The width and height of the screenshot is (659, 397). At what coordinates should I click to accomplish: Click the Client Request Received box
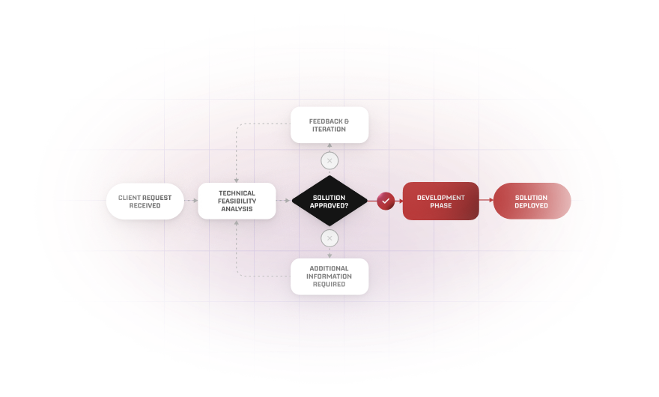pos(145,201)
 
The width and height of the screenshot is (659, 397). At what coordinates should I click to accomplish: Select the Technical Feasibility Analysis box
pos(237,201)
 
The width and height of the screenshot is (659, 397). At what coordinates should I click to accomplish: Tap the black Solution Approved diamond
pos(329,201)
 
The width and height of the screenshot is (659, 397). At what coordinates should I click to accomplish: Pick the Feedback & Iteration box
pos(329,125)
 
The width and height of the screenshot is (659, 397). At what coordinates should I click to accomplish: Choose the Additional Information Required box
pos(329,276)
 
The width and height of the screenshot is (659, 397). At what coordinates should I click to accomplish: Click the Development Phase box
pos(440,201)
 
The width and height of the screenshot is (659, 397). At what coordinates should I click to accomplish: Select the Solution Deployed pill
pos(531,201)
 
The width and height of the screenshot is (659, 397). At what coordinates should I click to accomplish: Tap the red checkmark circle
pos(386,201)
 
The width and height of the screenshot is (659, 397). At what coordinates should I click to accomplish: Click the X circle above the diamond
pos(329,161)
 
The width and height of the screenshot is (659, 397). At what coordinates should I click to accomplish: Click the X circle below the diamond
pos(329,238)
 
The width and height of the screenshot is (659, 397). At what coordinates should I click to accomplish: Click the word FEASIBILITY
pos(237,201)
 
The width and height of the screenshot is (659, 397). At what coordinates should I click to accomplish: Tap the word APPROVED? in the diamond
pos(329,205)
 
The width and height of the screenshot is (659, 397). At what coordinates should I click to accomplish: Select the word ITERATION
pos(329,129)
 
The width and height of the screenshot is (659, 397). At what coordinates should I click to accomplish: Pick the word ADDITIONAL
pos(329,269)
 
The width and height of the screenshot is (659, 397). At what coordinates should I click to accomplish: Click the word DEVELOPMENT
pos(440,198)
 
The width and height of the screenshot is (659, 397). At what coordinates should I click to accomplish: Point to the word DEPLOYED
pos(531,205)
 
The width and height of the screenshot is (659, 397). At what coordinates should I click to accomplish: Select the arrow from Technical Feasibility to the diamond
pos(284,201)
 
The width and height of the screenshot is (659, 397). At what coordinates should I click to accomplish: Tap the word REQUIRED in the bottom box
pos(329,285)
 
